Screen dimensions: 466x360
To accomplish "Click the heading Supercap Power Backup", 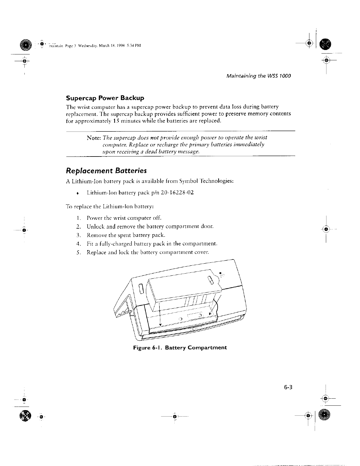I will click(105, 98).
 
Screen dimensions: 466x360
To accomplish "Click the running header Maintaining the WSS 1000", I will click(258, 76).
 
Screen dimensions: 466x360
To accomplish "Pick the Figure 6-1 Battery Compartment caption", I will click(180, 347).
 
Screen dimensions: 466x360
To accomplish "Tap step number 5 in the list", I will click(77, 252).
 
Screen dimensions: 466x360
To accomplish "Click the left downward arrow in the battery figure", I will click(160, 324).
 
